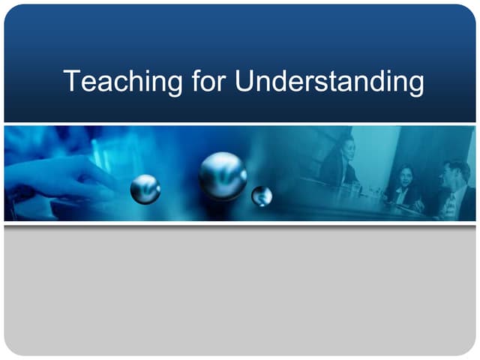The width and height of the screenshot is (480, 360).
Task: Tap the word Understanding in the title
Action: pos(329,81)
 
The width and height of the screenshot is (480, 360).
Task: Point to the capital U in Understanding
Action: pos(245,81)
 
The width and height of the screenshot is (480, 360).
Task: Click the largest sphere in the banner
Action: pos(223,175)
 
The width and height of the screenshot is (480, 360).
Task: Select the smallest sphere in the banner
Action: pos(262,196)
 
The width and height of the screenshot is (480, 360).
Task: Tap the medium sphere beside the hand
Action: pos(145,189)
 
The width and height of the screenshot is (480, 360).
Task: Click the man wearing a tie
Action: pos(454,191)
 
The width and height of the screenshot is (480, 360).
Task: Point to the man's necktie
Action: pos(452,204)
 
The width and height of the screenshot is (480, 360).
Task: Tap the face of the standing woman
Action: pos(346,145)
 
